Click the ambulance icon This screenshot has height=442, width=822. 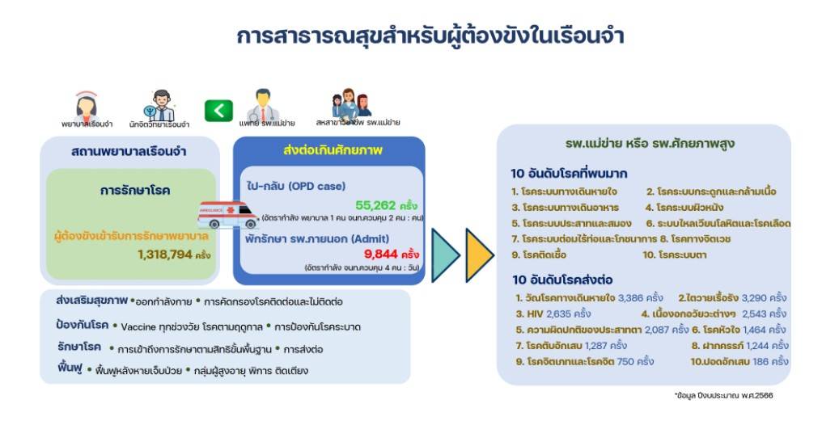228,216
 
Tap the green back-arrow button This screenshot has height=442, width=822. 218,111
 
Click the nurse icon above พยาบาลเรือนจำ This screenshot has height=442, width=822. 86,105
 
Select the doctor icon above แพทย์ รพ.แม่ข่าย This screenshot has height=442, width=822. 262,103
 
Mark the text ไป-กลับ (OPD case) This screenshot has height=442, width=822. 297,185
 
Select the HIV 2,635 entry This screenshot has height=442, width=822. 553,314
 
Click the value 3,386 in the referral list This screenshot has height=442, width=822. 634,297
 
